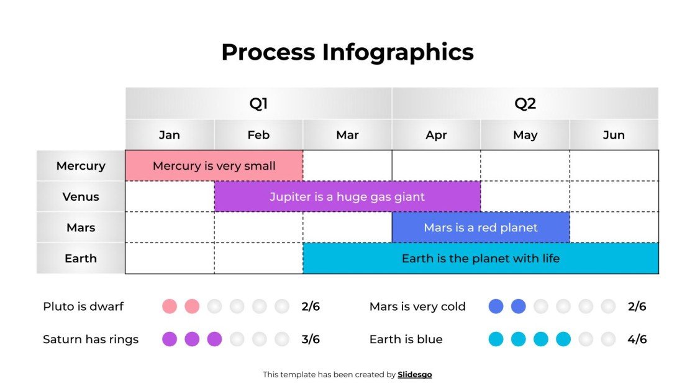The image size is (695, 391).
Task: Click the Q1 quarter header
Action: coord(258,103)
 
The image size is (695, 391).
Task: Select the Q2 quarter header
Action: coord(525,103)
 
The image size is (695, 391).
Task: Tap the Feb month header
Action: coord(258,135)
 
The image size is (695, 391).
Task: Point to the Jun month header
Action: coord(614,135)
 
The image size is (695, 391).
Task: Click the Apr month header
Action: coord(436,135)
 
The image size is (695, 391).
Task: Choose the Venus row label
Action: coord(81,196)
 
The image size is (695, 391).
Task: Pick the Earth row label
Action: coord(81,259)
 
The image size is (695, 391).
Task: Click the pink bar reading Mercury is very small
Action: coord(214,166)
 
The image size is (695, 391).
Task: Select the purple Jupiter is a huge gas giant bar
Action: coord(347,197)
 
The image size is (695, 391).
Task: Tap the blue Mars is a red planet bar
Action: coord(481,228)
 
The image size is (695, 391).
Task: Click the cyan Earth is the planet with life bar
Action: coord(481,259)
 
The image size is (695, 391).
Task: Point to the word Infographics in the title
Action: coord(397,52)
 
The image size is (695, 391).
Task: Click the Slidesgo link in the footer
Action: coord(415,374)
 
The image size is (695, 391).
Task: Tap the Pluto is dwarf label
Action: coord(83,306)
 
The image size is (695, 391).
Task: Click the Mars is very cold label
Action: coord(417,306)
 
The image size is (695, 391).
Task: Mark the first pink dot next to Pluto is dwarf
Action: coord(170,306)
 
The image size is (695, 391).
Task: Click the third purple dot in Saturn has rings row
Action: coord(214,339)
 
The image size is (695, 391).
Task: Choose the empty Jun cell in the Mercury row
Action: coord(614,166)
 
